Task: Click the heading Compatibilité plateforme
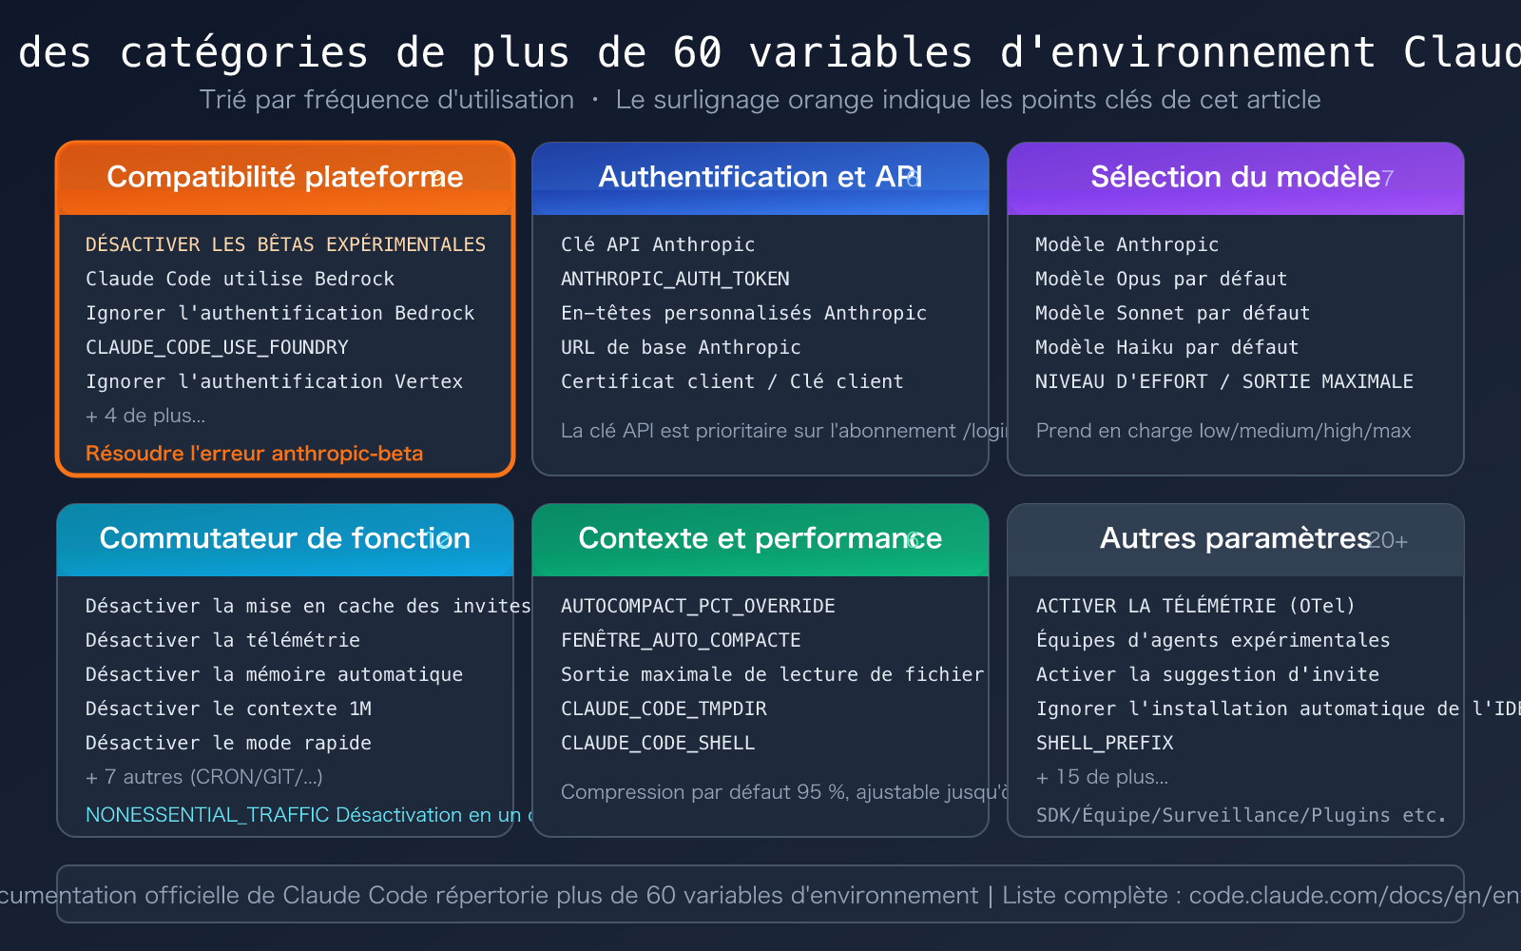pyautogui.click(x=284, y=177)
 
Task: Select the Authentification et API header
pyautogui.click(x=760, y=177)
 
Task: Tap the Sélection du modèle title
pyautogui.click(x=1235, y=177)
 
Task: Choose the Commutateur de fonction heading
pyautogui.click(x=284, y=538)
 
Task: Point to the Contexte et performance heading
pyautogui.click(x=760, y=538)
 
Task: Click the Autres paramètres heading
pyautogui.click(x=1235, y=538)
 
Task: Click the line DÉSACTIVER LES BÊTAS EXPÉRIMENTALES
pyautogui.click(x=285, y=244)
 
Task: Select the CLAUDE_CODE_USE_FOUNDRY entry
pyautogui.click(x=217, y=347)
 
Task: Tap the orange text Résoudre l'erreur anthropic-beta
pyautogui.click(x=254, y=454)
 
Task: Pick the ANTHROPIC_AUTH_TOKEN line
pyautogui.click(x=675, y=279)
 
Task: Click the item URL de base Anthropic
pyautogui.click(x=681, y=347)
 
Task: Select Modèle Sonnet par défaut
pyautogui.click(x=1172, y=313)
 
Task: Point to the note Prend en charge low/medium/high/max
pyautogui.click(x=1223, y=431)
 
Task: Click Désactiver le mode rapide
pyautogui.click(x=228, y=743)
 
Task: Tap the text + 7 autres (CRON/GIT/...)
pyautogui.click(x=203, y=777)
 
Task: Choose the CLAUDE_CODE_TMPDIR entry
pyautogui.click(x=664, y=708)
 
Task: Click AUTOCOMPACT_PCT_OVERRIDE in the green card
pyautogui.click(x=698, y=606)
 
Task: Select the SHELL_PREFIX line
pyautogui.click(x=1105, y=743)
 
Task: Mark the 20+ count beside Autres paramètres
pyautogui.click(x=1389, y=541)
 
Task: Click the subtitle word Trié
pyautogui.click(x=222, y=100)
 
